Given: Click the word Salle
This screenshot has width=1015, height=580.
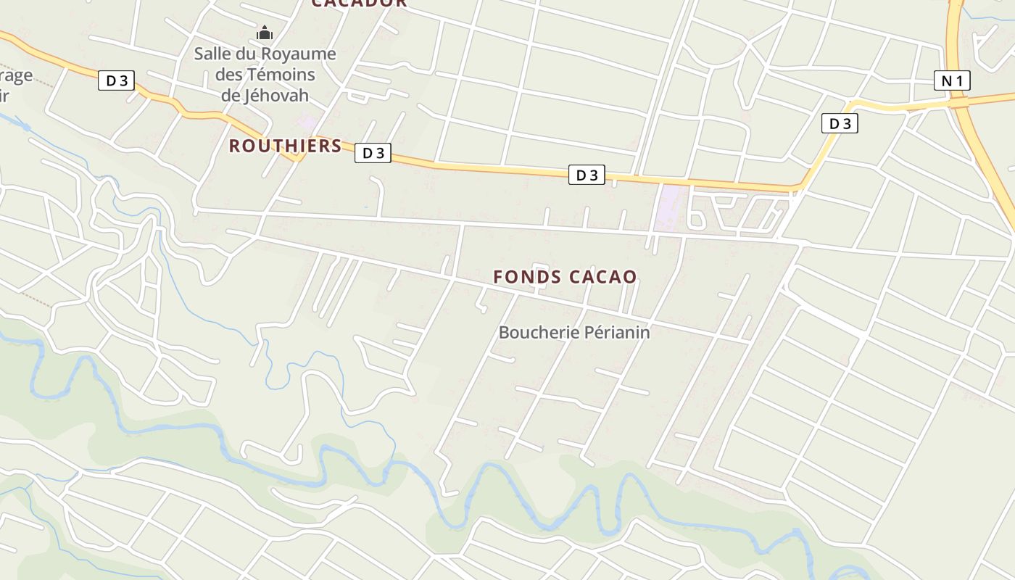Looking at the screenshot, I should point(215,54).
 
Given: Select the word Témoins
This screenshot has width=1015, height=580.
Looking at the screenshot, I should point(281,74).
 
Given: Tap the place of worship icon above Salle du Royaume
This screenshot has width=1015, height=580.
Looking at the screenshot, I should point(265,33).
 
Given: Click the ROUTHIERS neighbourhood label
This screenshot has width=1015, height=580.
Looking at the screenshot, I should point(285,146).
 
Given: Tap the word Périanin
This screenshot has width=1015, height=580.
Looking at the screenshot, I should point(617,332).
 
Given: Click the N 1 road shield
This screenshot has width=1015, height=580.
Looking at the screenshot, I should point(952,80).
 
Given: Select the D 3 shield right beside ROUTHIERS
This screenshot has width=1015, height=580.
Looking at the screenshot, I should point(373,153).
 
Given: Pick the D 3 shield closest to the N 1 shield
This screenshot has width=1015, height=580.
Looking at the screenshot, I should point(840,123).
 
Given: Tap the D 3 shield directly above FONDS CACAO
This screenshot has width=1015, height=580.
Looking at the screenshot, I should point(586,175).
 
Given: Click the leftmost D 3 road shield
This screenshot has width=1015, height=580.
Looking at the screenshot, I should point(117,80).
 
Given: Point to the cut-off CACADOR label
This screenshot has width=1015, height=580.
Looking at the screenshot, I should point(359,4).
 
